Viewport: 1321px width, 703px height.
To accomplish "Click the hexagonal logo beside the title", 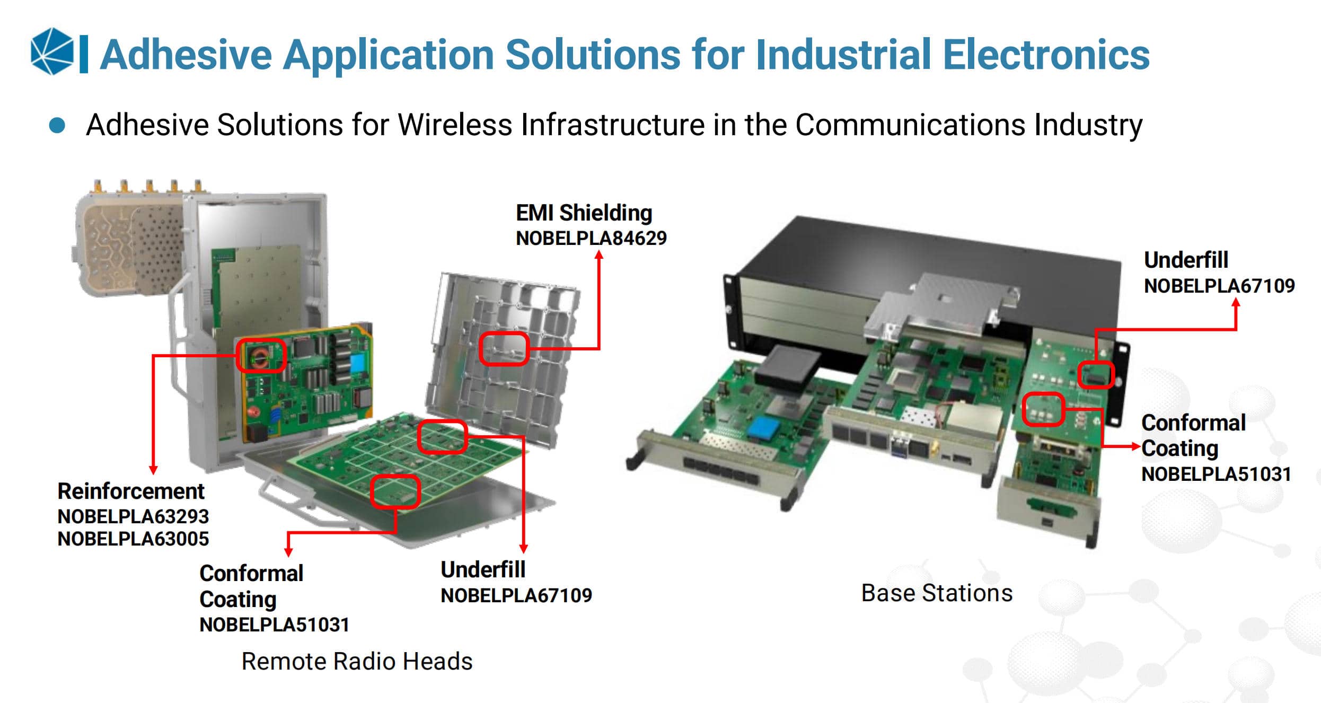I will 52,51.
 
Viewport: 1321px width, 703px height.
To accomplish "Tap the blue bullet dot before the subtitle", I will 57,126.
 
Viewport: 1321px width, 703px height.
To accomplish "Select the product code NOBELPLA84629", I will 591,239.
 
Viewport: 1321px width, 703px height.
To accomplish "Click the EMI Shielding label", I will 584,213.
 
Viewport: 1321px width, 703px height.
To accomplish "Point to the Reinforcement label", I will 130,491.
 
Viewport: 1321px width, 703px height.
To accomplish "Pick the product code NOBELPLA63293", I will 133,516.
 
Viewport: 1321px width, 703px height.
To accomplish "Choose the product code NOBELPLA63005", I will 133,539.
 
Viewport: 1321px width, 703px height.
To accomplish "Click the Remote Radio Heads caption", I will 357,661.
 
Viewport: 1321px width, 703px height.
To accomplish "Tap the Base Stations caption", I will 937,593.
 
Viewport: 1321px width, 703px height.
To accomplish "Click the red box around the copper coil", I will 261,355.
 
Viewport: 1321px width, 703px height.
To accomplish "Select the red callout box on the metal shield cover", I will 504,348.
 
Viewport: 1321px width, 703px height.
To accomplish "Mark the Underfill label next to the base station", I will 1186,260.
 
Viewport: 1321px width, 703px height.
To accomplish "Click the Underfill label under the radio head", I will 483,570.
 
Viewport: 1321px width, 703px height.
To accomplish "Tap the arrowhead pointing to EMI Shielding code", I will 599,255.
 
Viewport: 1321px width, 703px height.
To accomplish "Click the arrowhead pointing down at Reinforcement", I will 153,470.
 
